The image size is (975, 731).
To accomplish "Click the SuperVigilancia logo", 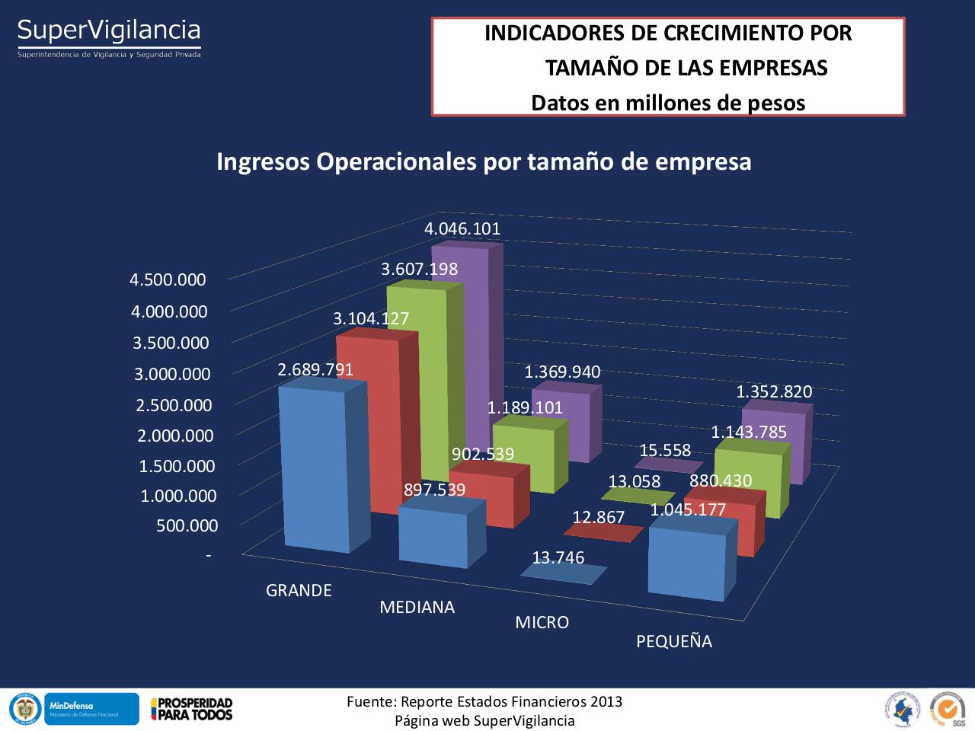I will [109, 37].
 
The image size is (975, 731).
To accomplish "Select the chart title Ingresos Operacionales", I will [484, 161].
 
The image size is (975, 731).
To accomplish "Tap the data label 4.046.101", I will [462, 229].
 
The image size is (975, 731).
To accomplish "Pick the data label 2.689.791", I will [315, 370].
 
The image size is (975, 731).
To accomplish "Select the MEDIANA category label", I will [417, 607].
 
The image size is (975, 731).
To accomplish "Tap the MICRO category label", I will [542, 623].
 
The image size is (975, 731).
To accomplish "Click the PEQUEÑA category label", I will [673, 642].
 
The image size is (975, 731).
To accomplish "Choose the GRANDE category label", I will [299, 590].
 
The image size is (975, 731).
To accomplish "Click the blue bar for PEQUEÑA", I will [686, 563].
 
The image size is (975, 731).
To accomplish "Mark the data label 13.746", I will [558, 558].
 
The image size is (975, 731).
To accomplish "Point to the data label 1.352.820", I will [774, 392].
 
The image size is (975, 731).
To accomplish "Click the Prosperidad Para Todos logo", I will [191, 708].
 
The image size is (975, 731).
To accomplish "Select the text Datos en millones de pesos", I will [668, 103].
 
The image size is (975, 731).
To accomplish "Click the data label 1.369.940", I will [562, 372].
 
